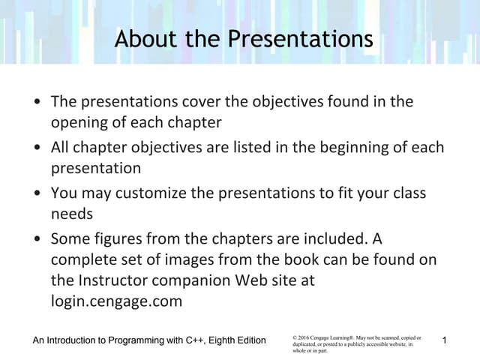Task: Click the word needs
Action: [71, 214]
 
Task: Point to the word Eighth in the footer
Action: [227, 341]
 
